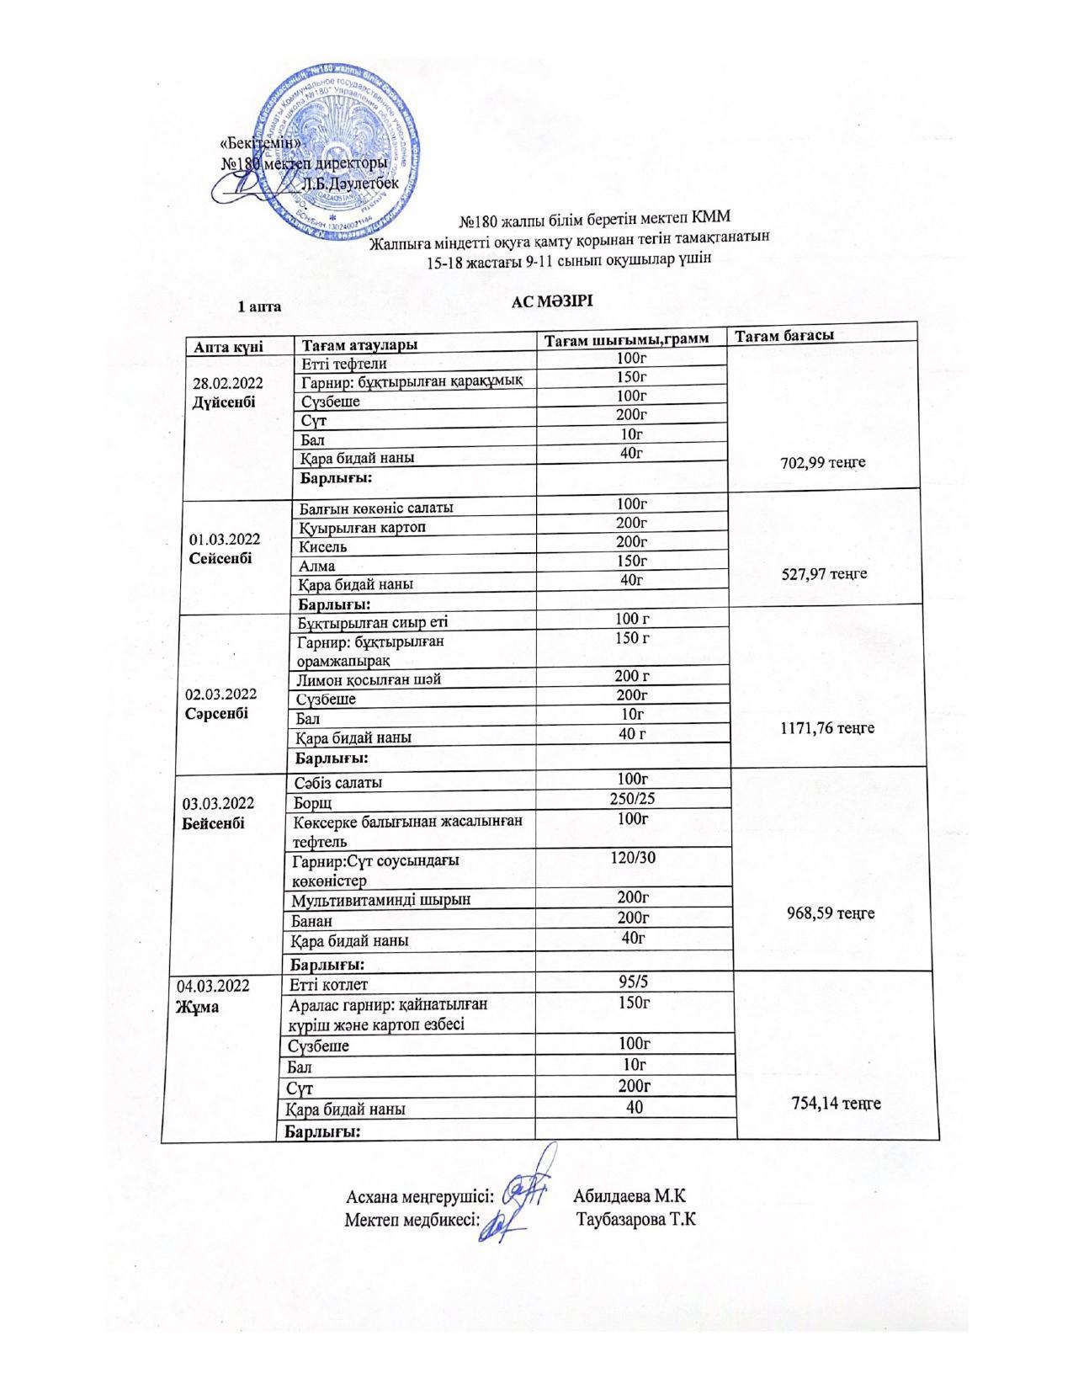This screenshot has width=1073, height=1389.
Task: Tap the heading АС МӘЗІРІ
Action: tap(552, 301)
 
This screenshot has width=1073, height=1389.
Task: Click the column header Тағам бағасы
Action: tap(784, 335)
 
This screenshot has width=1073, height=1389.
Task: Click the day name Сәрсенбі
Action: tap(217, 712)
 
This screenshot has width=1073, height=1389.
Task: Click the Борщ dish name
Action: tap(312, 801)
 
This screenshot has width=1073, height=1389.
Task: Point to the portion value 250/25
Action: tap(632, 797)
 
